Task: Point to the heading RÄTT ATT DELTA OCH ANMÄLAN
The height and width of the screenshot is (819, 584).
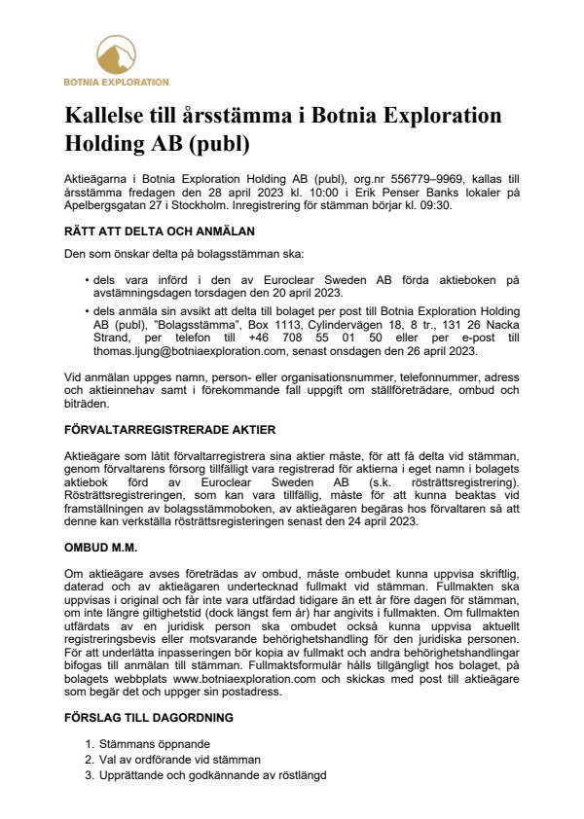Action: click(x=159, y=231)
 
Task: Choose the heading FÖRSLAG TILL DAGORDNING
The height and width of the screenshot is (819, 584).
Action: click(x=154, y=717)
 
